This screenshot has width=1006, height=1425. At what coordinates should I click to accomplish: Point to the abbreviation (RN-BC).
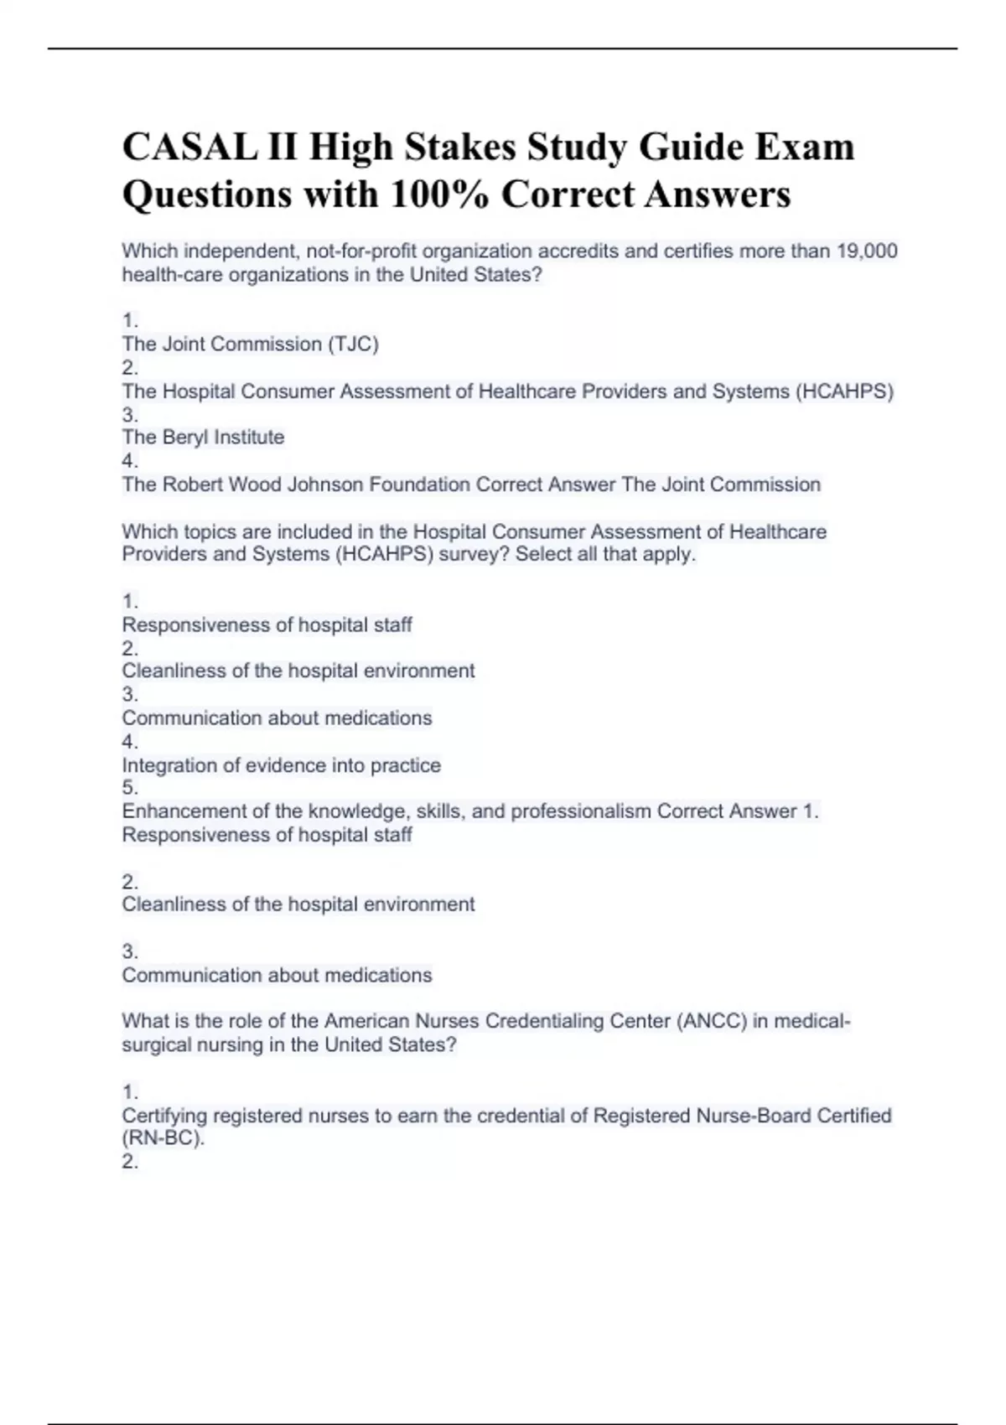click(163, 1139)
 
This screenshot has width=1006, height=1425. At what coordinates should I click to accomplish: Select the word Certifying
click(164, 1116)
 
